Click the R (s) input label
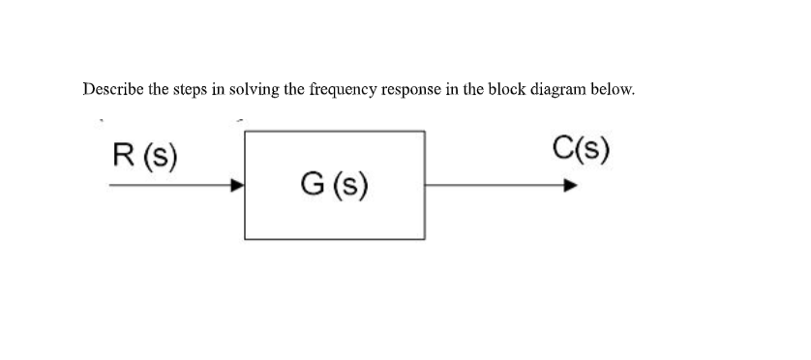(144, 154)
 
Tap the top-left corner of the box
(245, 132)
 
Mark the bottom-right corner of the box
(424, 238)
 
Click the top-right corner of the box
(424, 132)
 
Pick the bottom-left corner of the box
(245, 238)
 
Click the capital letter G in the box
(313, 184)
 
